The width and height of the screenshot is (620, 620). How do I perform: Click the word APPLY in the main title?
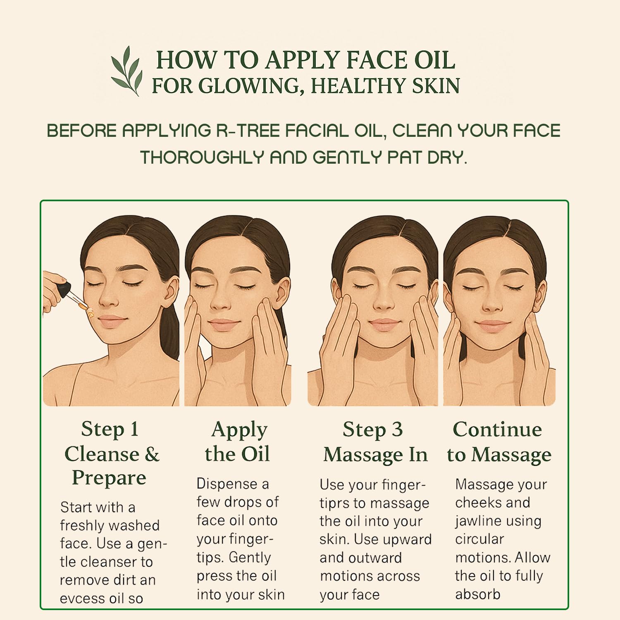tap(302, 60)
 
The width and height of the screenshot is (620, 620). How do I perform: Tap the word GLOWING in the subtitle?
tap(248, 86)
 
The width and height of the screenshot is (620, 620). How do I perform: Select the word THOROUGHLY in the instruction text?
tap(202, 157)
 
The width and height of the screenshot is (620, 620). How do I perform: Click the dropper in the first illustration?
tap(72, 296)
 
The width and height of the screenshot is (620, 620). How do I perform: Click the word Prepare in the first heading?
tap(109, 478)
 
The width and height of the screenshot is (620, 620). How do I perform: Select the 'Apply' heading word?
tap(239, 431)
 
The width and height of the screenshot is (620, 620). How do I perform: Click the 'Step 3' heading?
tap(372, 429)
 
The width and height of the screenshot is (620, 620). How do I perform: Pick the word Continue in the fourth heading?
tap(497, 429)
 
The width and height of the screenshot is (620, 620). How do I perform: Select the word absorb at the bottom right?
tap(478, 594)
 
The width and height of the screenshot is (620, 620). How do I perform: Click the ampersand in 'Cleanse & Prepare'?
tap(152, 454)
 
